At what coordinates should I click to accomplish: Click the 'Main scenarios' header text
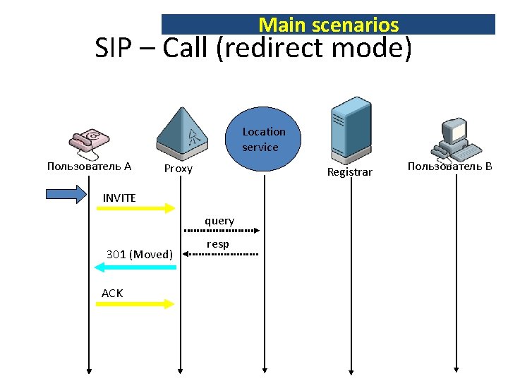[328, 25]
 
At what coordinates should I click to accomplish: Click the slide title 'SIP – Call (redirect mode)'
[253, 49]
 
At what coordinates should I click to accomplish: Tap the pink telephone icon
[88, 143]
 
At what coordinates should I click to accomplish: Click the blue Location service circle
[264, 140]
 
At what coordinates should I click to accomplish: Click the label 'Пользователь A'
[89, 167]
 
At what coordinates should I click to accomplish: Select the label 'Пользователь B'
[449, 167]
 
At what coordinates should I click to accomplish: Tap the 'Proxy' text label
[178, 169]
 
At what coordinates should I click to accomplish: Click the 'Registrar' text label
[349, 171]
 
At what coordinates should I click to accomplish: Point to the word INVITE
[119, 198]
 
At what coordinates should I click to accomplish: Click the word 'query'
[219, 221]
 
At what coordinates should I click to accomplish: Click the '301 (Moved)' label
[139, 254]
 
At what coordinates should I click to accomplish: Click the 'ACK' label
[112, 293]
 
